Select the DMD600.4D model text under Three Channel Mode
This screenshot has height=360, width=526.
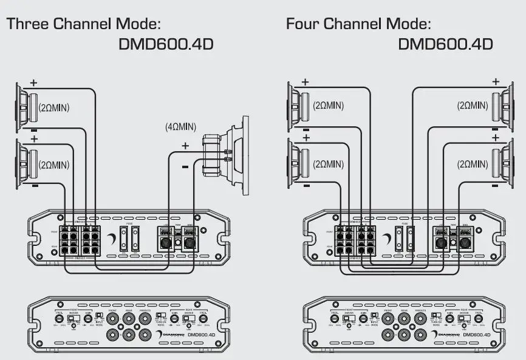(166, 45)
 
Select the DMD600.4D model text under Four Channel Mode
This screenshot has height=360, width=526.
(445, 45)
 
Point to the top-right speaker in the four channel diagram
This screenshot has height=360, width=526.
(508, 106)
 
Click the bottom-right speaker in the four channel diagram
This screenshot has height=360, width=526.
(508, 163)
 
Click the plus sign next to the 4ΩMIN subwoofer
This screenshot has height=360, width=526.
(185, 146)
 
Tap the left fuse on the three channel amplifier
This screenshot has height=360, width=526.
(124, 239)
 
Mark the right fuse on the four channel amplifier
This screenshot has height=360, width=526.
(411, 239)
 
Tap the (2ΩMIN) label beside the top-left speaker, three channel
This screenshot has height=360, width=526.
(54, 107)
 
